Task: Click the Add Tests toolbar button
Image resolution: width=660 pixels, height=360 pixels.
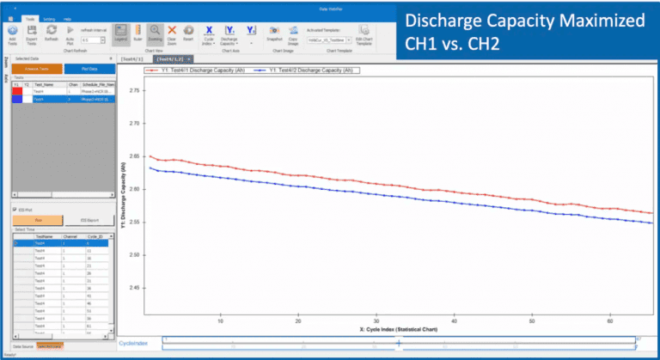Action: pyautogui.click(x=12, y=34)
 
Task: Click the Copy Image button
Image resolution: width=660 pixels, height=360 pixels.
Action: pyautogui.click(x=294, y=34)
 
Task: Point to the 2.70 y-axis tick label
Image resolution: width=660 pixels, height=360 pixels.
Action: pyautogui.click(x=134, y=156)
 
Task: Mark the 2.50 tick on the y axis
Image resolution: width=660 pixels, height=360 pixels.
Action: pyautogui.click(x=134, y=255)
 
